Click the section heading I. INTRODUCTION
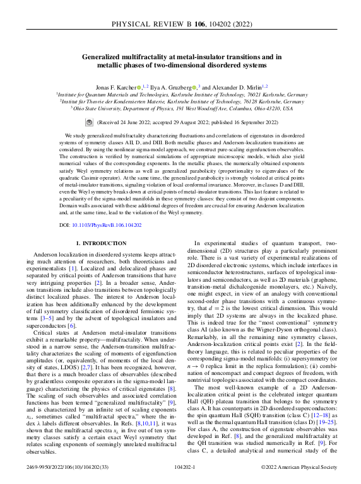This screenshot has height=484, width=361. pyautogui.click(x=100, y=243)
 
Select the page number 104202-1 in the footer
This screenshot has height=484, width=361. pyautogui.click(x=180, y=467)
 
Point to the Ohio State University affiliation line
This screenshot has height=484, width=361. pyautogui.click(x=180, y=108)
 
